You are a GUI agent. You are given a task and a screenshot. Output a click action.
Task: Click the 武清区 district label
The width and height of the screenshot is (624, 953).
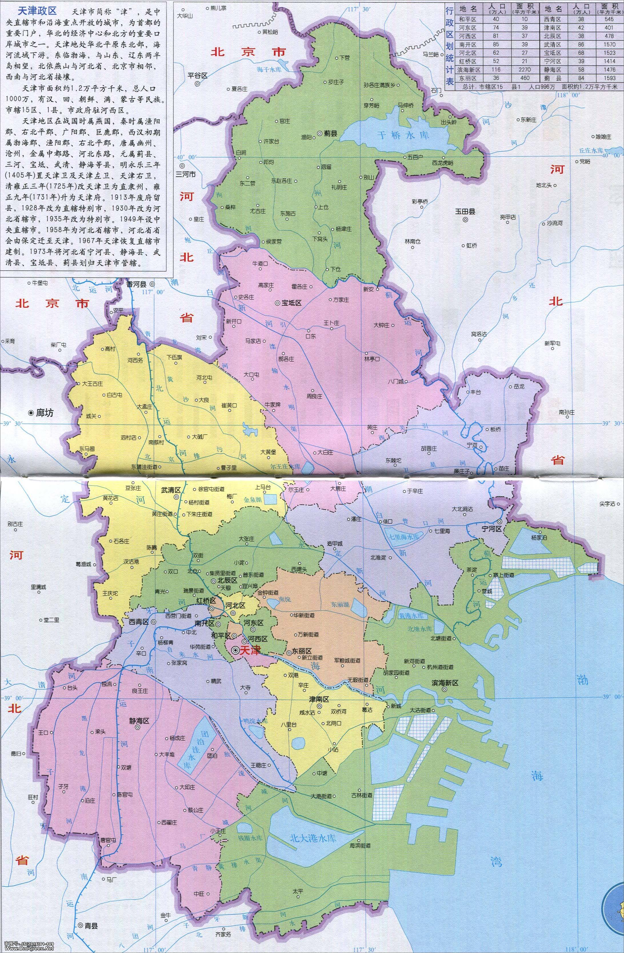[x=171, y=489]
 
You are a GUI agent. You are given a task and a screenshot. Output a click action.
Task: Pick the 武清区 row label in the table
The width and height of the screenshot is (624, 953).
[x=553, y=45]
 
